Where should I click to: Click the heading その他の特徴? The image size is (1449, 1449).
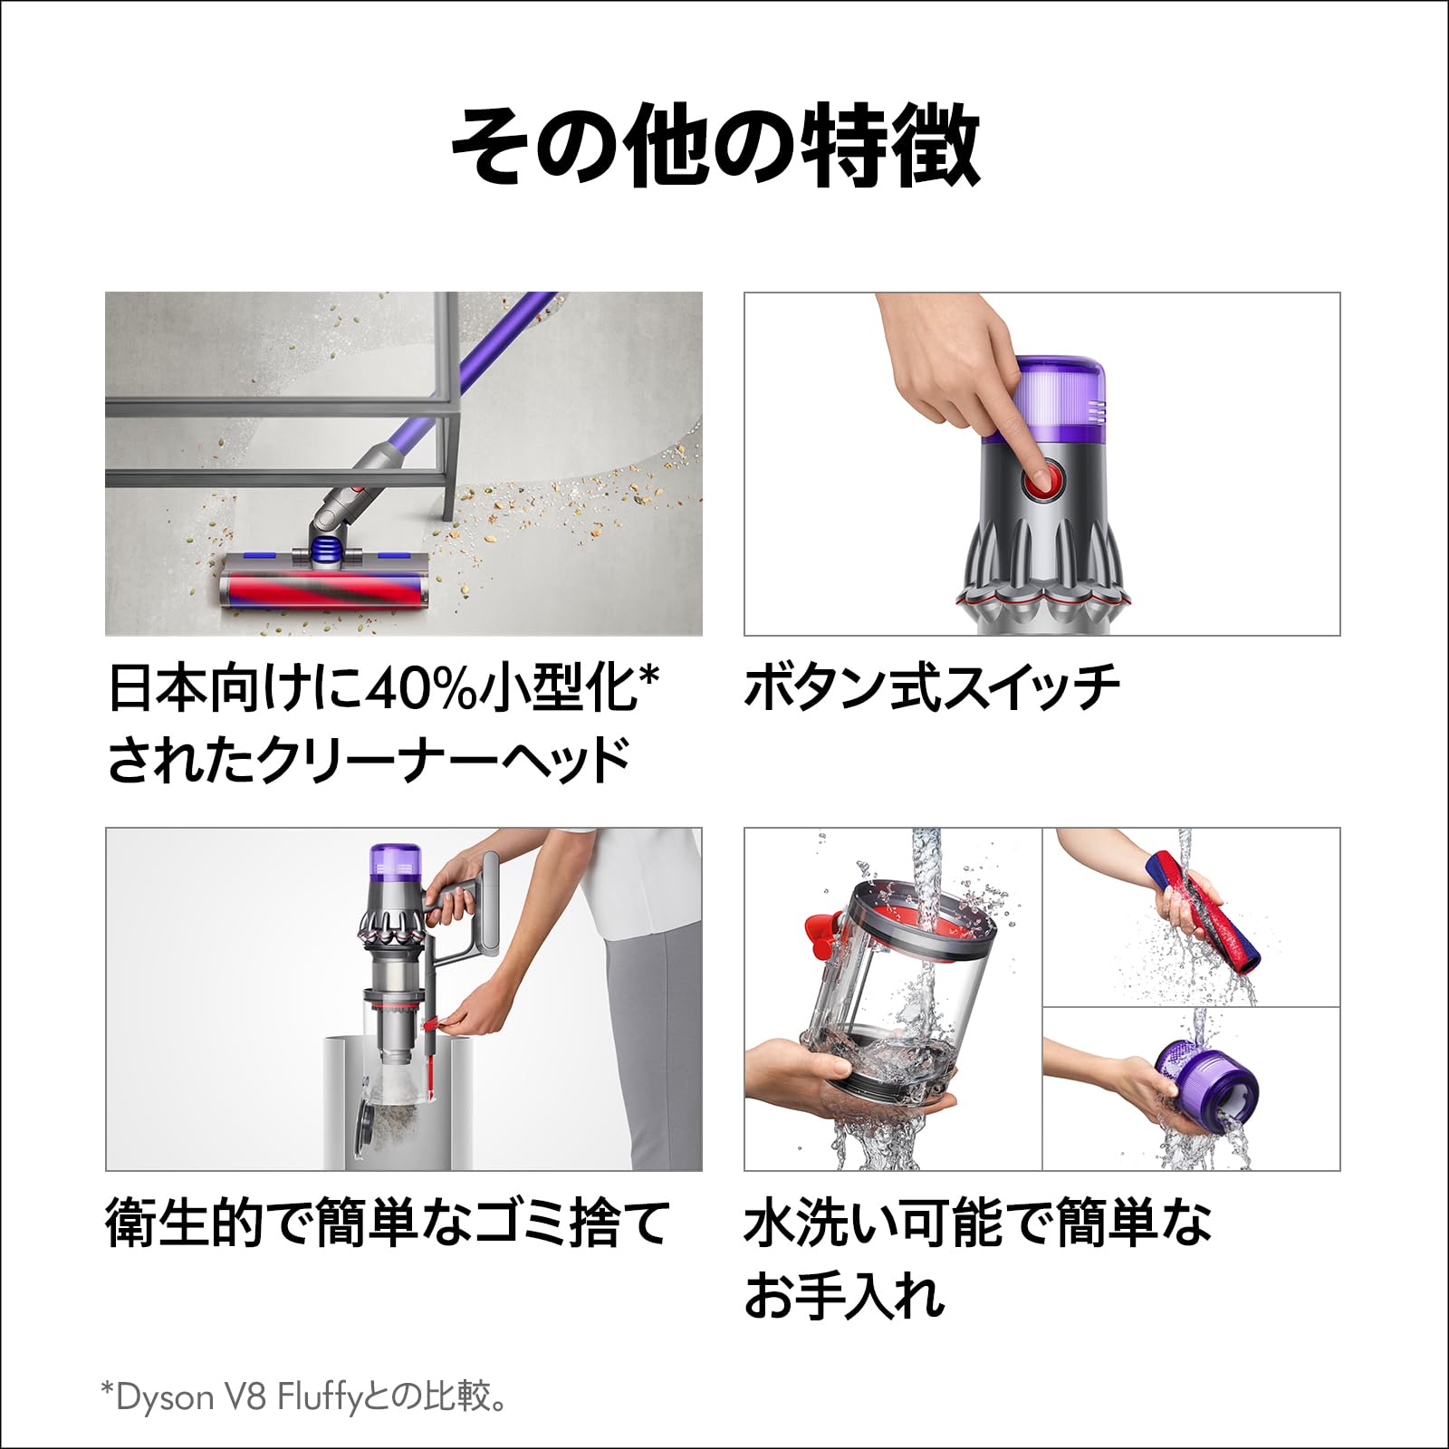coord(715,145)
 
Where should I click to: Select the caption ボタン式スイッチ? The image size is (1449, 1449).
coord(931,688)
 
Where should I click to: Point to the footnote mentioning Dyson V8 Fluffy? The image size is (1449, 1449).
coord(303,1396)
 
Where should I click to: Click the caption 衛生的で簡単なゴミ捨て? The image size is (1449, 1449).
coord(388,1223)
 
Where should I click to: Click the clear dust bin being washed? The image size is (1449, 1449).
coord(897,996)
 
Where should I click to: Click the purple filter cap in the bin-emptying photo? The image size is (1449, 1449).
coord(396,864)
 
